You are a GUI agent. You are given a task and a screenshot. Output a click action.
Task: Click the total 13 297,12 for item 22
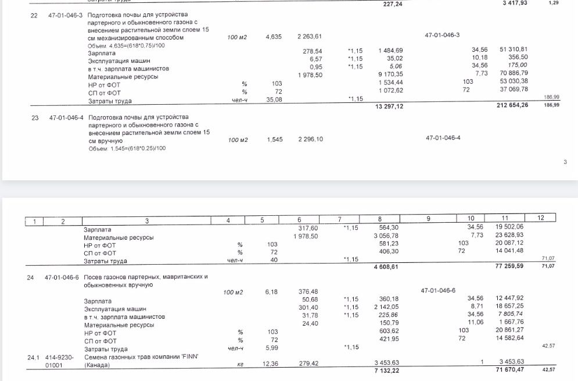(x=390, y=106)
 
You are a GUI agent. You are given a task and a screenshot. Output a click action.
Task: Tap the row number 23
(x=35, y=117)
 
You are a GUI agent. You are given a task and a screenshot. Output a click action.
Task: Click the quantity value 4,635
(x=273, y=37)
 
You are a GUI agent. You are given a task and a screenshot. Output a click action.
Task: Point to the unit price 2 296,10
(x=310, y=140)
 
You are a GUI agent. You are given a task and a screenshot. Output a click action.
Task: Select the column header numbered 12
(x=540, y=218)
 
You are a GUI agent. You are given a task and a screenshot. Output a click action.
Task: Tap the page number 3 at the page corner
(x=565, y=162)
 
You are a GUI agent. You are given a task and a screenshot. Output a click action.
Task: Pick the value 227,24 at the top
(x=393, y=4)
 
